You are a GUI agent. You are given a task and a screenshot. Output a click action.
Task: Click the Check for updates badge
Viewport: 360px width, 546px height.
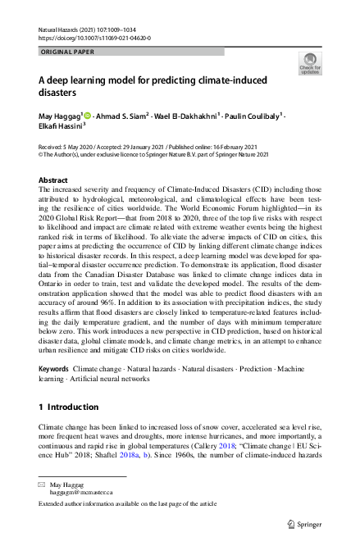click(309, 63)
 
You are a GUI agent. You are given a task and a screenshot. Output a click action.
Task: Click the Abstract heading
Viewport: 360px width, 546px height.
click(54, 180)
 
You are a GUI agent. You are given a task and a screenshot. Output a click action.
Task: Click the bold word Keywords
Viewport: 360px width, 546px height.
click(54, 370)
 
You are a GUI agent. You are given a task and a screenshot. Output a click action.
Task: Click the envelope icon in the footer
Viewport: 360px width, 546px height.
click(42, 485)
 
